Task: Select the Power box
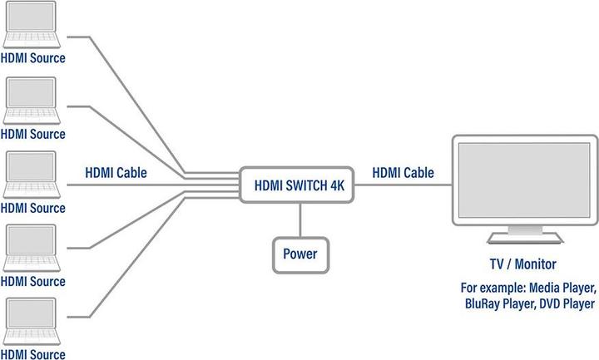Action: (299, 254)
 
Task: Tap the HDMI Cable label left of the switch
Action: (116, 174)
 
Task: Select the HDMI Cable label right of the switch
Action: (403, 174)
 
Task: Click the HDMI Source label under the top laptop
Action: (33, 60)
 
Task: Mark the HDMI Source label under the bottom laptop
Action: (33, 354)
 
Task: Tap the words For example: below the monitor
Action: (491, 288)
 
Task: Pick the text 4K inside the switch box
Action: (336, 185)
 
